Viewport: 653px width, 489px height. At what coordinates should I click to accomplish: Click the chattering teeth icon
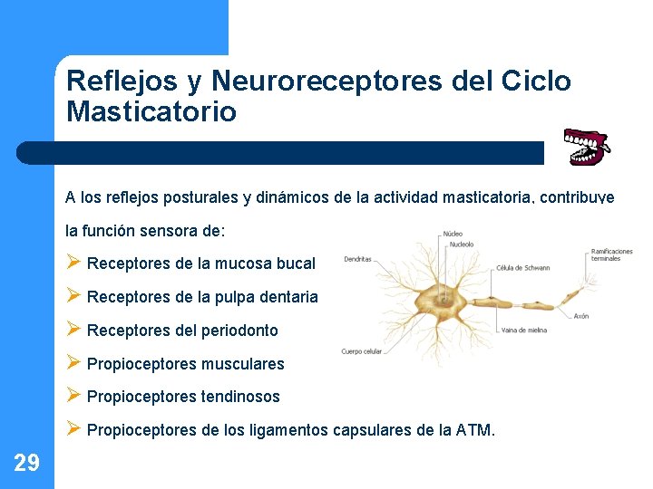tap(585, 147)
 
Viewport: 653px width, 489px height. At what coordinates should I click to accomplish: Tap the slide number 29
tap(26, 464)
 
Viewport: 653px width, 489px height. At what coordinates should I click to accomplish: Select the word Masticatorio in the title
tap(151, 112)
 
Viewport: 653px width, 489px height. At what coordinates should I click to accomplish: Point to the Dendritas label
tap(357, 260)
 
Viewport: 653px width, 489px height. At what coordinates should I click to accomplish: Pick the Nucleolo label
tap(460, 244)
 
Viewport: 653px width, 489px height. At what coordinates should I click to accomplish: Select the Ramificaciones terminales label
tap(611, 254)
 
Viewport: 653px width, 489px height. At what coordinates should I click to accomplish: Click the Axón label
tap(581, 316)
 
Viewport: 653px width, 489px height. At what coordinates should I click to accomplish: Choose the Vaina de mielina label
tap(523, 331)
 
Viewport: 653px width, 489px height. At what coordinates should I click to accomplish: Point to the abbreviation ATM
tap(474, 430)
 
